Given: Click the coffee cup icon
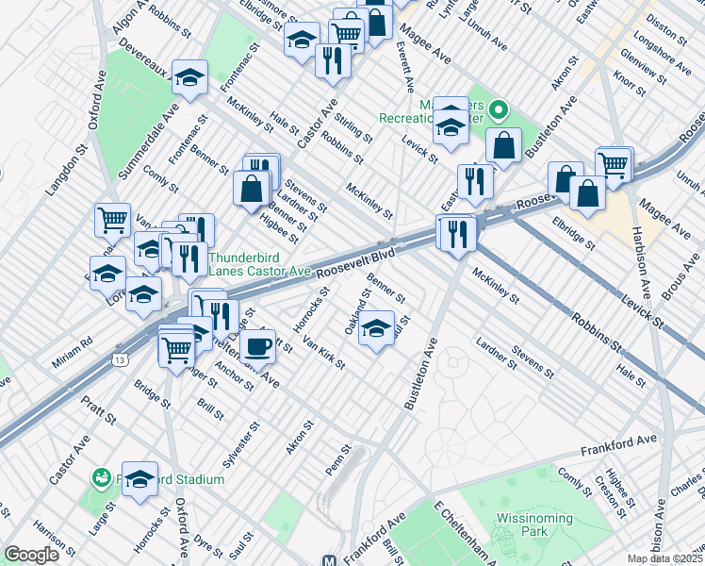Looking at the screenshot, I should coord(258,346).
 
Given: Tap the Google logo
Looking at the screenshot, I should coord(32,555).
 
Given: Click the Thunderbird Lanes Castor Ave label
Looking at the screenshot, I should coord(259,263).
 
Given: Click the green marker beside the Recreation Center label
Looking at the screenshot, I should coord(500,112).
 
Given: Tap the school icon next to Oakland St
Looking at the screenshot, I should coord(376,329).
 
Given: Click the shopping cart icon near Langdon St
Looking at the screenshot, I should coord(112,220).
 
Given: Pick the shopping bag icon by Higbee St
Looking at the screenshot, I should coord(253,188).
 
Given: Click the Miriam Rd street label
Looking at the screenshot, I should coord(74,341).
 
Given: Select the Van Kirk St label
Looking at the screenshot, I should coord(323,357).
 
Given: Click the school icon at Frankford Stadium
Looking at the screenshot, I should coord(139,479).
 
